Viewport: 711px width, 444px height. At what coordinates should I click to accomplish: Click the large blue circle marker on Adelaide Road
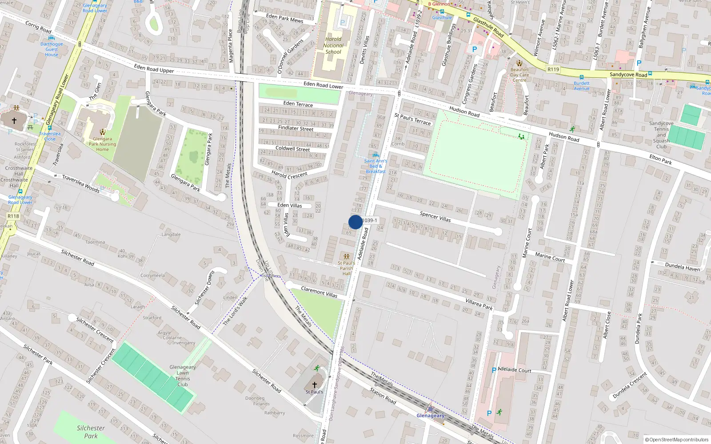point(355,222)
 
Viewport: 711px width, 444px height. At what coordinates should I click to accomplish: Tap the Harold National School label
point(333,45)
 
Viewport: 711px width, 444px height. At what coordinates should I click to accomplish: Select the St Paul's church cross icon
point(315,385)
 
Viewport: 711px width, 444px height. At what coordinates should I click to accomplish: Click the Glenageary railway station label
point(430,416)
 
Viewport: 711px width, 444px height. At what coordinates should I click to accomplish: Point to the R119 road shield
point(553,69)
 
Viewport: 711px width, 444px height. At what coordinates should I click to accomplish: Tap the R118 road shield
point(13,216)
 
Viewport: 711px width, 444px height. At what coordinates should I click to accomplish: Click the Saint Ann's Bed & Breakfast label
point(375,166)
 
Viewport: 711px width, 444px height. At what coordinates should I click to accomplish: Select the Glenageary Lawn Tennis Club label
point(183,376)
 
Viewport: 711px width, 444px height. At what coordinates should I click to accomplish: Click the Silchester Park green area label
point(91,432)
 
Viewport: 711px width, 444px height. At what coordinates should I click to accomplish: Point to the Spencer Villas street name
point(435,216)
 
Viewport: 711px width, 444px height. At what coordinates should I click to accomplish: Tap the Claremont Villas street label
point(319,292)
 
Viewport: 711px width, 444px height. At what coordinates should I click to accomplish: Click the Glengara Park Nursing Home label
point(102,144)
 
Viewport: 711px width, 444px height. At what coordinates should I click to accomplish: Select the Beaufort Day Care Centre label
point(519,75)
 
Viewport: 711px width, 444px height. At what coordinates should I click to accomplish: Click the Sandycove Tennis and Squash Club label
point(661,135)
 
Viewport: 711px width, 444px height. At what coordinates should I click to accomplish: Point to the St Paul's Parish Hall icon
point(347,257)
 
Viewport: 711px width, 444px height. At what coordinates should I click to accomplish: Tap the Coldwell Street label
point(292,149)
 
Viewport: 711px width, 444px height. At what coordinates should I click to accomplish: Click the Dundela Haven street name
point(683,266)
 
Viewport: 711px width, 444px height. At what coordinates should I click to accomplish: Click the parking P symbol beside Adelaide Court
point(494,370)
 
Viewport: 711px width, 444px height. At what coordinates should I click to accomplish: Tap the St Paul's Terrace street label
point(412,119)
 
